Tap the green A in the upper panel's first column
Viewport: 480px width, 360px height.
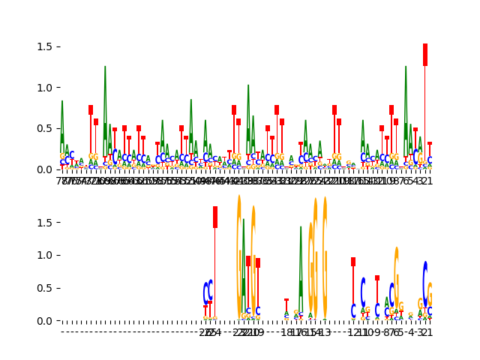pos(62,124)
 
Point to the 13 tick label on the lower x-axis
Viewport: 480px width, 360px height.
pos(325,333)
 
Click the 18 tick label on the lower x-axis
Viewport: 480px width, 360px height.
pos(286,333)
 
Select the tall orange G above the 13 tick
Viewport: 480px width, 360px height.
pos(325,255)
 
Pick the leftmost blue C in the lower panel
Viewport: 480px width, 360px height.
pos(205,293)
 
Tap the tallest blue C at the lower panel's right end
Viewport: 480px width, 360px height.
pos(425,279)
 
